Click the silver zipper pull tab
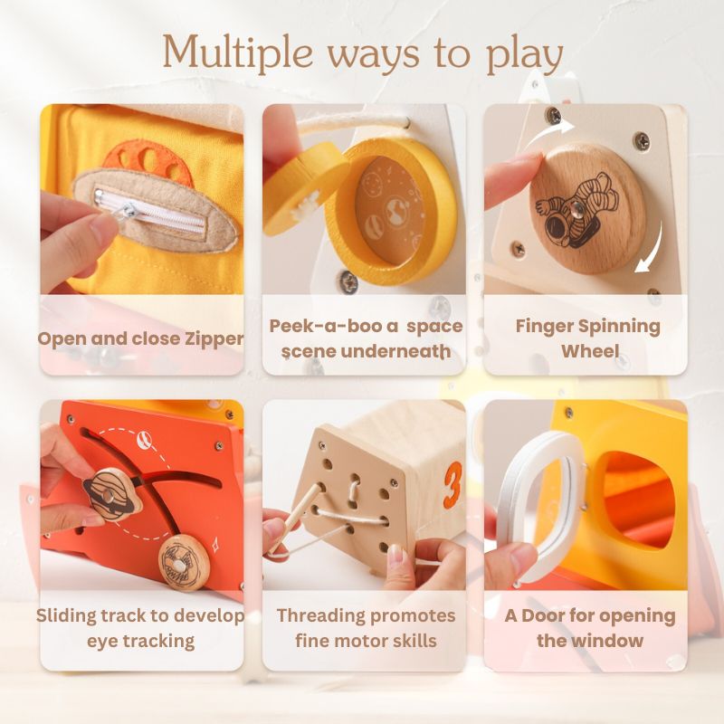pos(128,211)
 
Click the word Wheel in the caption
pos(588,350)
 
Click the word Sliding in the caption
pos(68,616)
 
